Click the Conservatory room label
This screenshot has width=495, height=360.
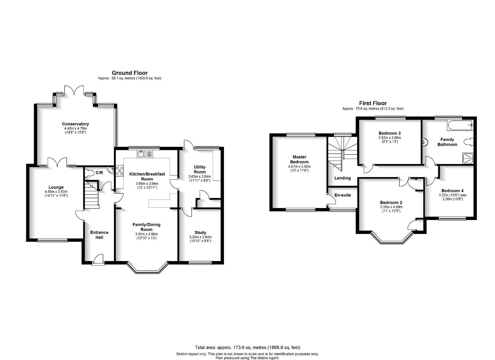(x=75, y=124)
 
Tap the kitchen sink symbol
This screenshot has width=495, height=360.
(x=145, y=154)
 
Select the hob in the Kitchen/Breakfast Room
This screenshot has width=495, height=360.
(x=120, y=171)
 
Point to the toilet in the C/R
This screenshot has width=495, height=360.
(x=89, y=173)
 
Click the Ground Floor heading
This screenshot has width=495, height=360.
(x=129, y=73)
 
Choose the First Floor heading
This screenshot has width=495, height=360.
(x=373, y=103)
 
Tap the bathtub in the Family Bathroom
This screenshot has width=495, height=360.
(x=460, y=125)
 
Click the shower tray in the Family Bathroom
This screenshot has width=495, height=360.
(x=468, y=158)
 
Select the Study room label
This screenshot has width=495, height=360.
(x=200, y=232)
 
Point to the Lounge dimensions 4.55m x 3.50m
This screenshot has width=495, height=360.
(x=56, y=192)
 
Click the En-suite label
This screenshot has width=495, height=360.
(x=343, y=195)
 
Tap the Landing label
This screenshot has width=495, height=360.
(x=343, y=178)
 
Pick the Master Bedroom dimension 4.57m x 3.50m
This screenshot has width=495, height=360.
(x=299, y=166)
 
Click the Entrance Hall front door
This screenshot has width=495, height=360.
(x=98, y=259)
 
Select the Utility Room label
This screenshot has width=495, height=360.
(x=200, y=170)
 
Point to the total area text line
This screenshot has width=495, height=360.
(x=247, y=347)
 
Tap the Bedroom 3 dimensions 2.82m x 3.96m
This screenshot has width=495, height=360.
(x=390, y=138)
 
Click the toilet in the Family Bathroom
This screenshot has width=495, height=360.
(x=469, y=142)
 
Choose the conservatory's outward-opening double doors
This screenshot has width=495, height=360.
(x=74, y=90)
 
